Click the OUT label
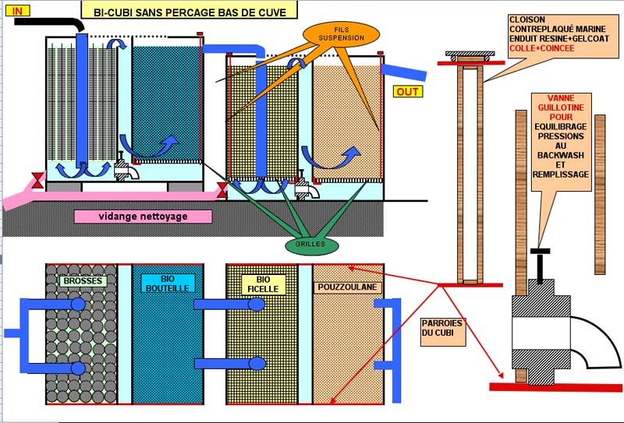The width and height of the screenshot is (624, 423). coord(408,92)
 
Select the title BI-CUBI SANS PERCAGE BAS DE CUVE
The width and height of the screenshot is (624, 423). coord(190,11)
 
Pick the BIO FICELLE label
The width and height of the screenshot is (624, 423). coord(261,283)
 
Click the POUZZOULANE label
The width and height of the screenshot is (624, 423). coord(348,287)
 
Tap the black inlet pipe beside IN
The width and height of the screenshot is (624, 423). coord(55,25)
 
